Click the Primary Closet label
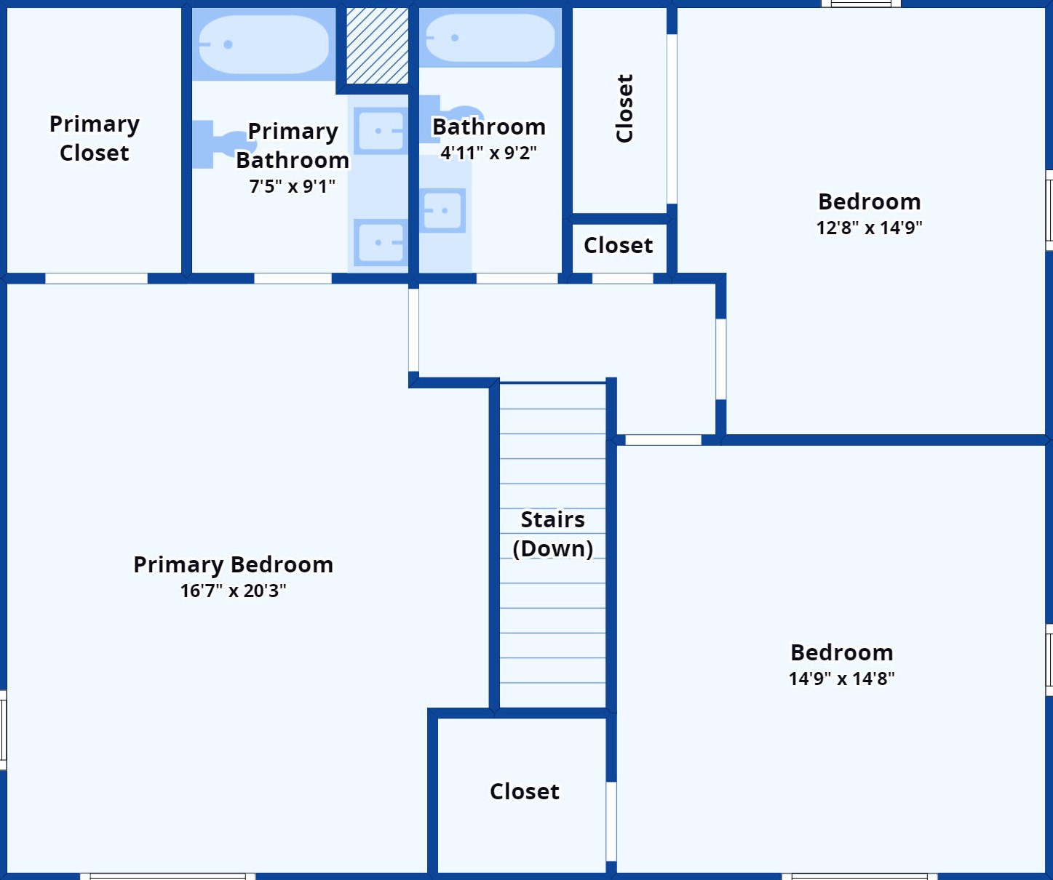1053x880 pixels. coord(95,138)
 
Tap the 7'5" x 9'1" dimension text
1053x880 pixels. coord(293,186)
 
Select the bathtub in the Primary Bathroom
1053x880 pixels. coord(263,44)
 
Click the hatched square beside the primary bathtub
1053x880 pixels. coord(377,46)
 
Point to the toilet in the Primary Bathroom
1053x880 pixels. coord(222,144)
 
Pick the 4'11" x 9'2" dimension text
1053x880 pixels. coord(489,153)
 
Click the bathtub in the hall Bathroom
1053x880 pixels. coord(490,38)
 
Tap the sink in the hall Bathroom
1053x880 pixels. coord(442,210)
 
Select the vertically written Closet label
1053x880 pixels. coord(624,108)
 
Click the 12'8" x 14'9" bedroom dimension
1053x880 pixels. coord(870,228)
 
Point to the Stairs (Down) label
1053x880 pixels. coord(553,534)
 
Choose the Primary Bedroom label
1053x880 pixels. coord(233,564)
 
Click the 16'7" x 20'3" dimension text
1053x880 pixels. coord(233,591)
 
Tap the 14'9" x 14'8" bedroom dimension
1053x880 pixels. coord(842,679)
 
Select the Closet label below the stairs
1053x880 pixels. coord(525,791)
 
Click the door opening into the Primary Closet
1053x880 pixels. coord(96,279)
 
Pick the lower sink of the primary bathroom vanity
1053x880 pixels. coord(380,242)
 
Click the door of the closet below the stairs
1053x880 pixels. coord(611,822)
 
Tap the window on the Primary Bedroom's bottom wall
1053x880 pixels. coord(168,876)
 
